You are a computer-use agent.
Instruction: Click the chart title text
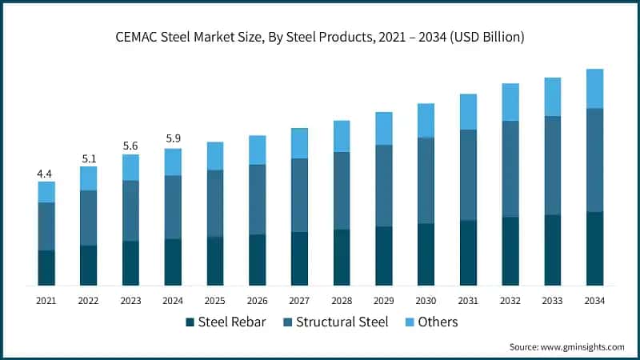(320, 37)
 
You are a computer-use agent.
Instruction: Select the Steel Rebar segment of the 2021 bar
(46, 267)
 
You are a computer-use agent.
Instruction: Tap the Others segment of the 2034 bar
(594, 88)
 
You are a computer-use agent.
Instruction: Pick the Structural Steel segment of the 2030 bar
(426, 180)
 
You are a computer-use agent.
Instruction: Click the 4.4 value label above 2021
(46, 174)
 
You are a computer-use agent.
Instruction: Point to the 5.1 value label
(89, 158)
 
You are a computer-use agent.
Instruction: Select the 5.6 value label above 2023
(130, 146)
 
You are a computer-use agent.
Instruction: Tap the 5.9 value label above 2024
(173, 138)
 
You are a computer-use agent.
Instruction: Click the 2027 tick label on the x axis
(299, 301)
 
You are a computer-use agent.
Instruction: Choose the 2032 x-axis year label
(510, 301)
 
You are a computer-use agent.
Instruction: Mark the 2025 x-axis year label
(215, 301)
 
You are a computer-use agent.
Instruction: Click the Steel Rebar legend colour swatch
(190, 322)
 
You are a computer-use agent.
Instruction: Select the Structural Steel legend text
(342, 322)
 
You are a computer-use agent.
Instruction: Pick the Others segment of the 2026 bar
(257, 150)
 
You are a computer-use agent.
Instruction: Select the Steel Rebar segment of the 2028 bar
(342, 257)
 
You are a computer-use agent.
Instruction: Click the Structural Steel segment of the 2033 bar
(552, 166)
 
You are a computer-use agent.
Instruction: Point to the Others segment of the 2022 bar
(89, 178)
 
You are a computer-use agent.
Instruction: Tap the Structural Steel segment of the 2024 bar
(173, 206)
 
